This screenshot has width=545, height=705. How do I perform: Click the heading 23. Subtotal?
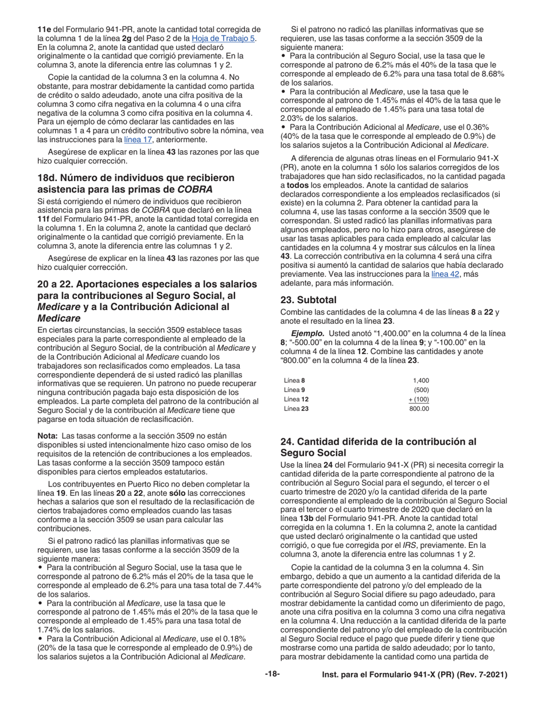point(307,299)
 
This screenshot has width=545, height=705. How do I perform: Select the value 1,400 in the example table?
point(421,381)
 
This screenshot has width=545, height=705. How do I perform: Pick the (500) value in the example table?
point(422,390)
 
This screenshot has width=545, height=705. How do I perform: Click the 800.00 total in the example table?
point(419,409)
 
